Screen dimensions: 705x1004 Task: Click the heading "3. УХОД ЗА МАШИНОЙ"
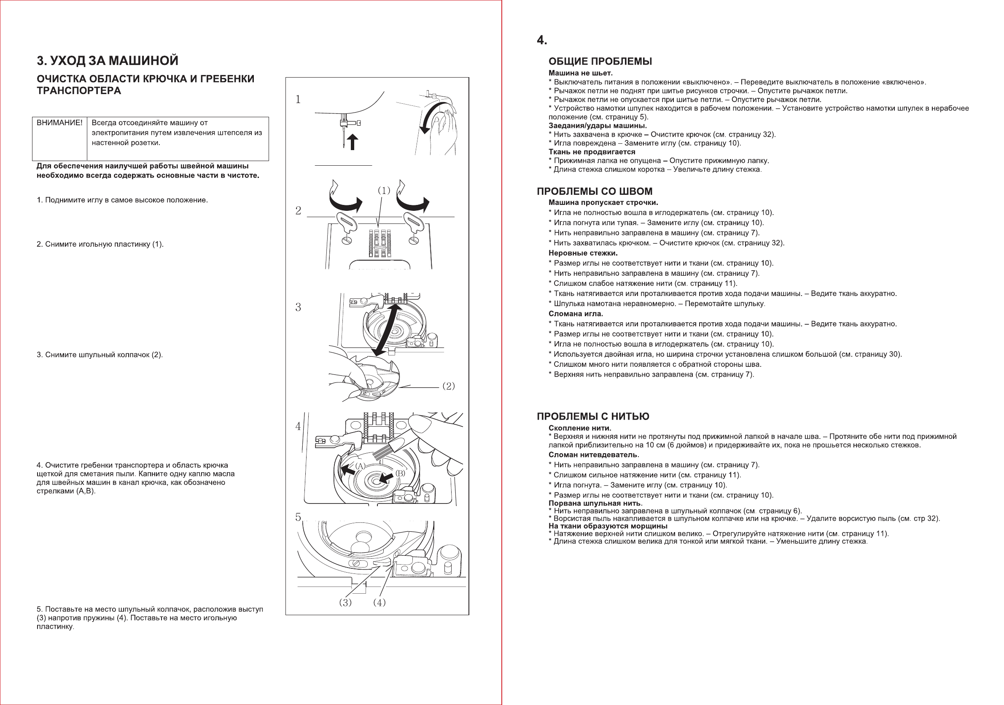(108, 61)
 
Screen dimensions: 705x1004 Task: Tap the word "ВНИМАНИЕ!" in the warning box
(59, 123)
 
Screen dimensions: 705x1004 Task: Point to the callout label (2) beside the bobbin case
(449, 386)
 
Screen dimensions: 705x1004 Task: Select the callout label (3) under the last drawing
(345, 603)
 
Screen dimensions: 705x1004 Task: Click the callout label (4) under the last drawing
(380, 603)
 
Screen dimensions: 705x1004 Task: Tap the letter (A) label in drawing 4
(360, 466)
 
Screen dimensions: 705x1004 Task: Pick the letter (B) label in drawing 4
(400, 473)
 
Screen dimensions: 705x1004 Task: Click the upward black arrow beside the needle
(353, 142)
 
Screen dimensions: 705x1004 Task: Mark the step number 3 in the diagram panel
(298, 307)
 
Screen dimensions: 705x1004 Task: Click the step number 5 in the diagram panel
(298, 517)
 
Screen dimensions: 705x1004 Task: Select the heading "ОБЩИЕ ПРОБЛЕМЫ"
(600, 62)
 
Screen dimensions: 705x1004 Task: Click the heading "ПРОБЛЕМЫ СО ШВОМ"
(594, 191)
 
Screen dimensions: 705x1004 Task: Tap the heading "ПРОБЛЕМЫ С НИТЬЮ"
(593, 417)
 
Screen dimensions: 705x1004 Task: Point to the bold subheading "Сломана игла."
(576, 314)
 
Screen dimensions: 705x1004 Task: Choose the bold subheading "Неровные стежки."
(583, 253)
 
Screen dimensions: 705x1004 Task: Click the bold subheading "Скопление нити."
(580, 428)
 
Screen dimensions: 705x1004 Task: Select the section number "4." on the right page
(542, 40)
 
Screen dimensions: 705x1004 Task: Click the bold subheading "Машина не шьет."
(580, 73)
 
